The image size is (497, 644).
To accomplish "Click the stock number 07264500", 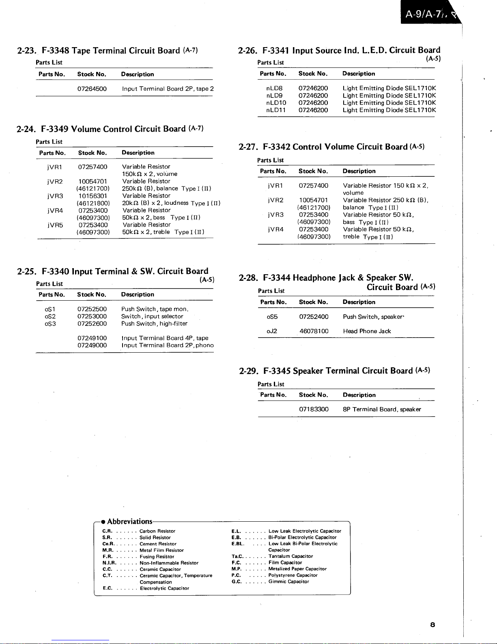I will coord(92,89).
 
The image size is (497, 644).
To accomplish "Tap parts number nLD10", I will coord(276,103).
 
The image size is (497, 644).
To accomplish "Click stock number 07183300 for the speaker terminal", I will coord(314,409).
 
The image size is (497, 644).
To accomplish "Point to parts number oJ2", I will coord(272,331).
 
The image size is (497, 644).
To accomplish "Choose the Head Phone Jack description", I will coord(367,331).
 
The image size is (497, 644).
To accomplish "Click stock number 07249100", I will coord(92,338).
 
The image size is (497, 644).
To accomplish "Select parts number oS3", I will coord(50,324).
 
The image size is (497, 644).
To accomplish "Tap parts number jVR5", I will coord(55,225).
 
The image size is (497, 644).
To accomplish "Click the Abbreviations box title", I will coord(129,522).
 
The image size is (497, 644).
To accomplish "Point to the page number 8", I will coord(432,624).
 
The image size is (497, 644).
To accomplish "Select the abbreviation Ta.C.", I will coord(237,556).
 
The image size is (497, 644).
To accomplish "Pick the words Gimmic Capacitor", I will coord(288,582).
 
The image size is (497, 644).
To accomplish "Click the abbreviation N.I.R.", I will coord(110,563).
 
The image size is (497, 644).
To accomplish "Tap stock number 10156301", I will coord(93,196).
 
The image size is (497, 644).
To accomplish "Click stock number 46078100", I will coord(314,331).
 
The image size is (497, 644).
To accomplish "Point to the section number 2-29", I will coord(247,371).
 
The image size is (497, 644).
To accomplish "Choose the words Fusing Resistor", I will coord(157,557).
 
